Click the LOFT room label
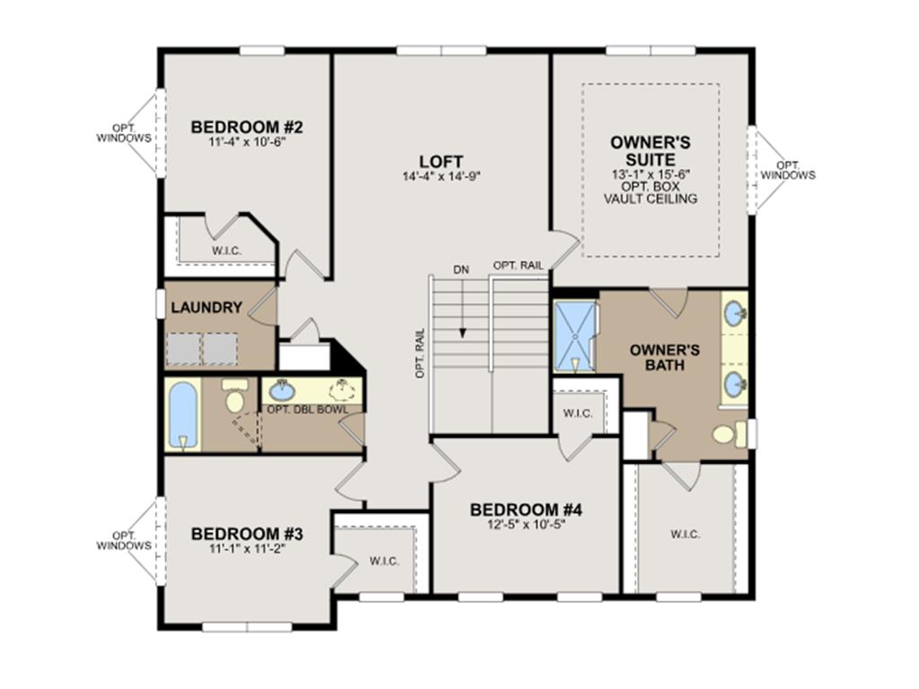point(441,161)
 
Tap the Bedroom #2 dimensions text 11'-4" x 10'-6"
point(247,141)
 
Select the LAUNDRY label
point(206,307)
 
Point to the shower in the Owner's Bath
point(575,336)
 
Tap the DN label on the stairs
point(461,270)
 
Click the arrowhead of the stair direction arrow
point(462,333)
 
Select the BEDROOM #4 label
point(526,510)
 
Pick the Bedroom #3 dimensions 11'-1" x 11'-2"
point(246,549)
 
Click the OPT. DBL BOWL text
point(308,409)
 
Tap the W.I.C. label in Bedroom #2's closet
point(226,251)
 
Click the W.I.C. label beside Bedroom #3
point(384,562)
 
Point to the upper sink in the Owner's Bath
point(734,314)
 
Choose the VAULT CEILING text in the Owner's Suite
point(651,199)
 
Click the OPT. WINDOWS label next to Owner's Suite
point(788,170)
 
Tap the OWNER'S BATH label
point(665,357)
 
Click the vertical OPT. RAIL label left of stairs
point(420,352)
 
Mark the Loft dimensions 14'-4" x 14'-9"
point(442,176)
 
